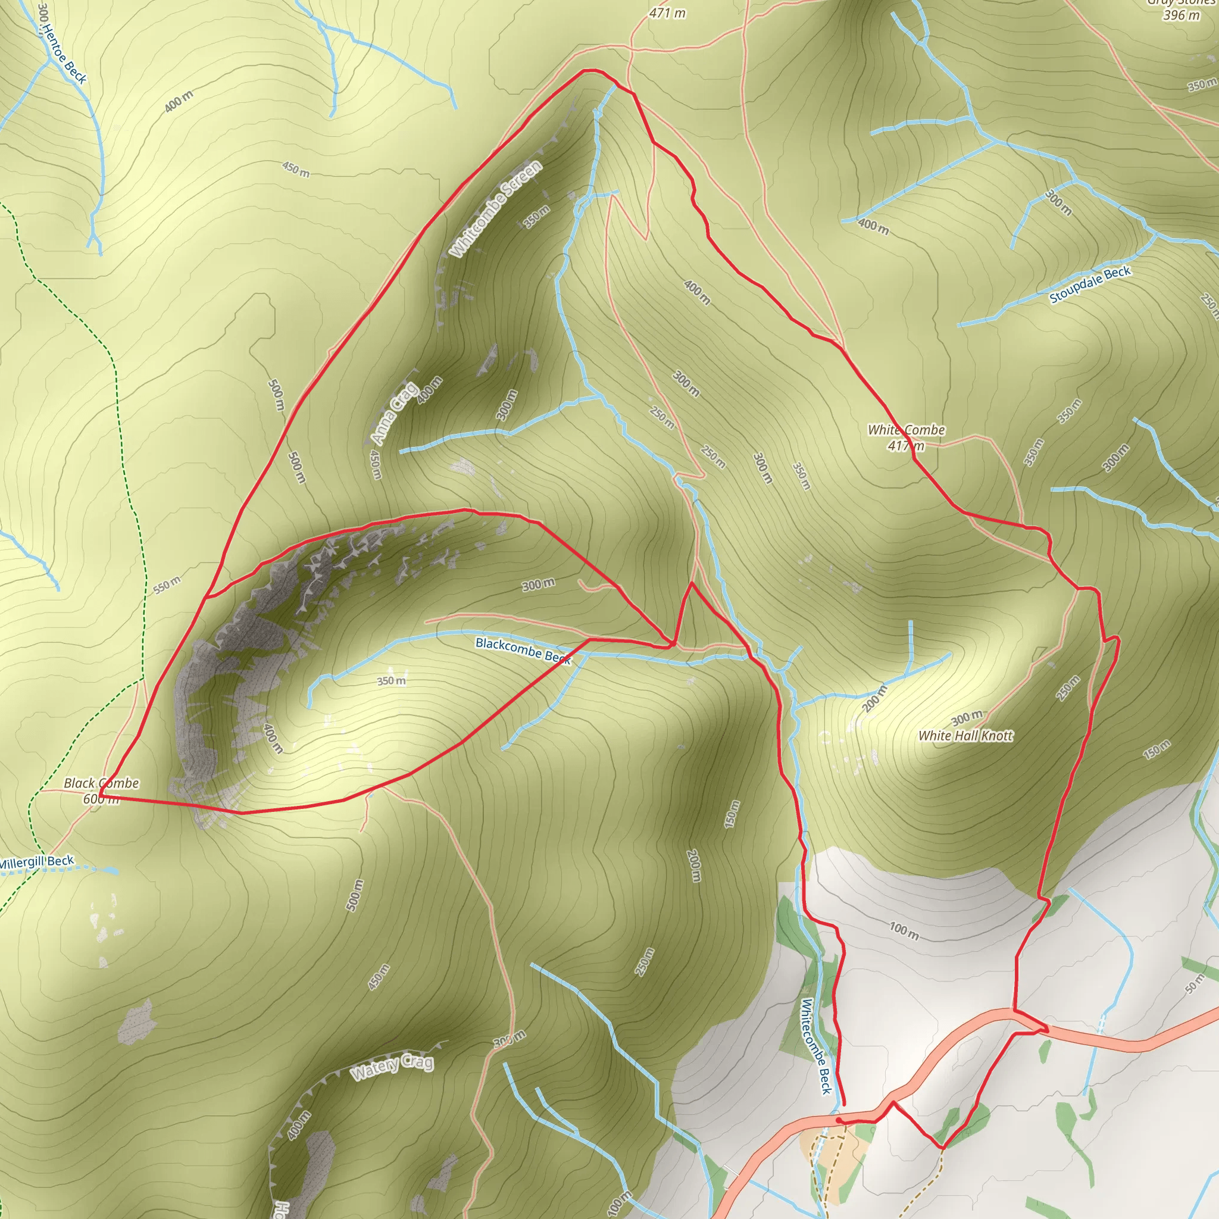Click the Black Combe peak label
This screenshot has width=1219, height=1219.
tap(101, 783)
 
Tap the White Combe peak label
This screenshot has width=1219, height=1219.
tap(906, 430)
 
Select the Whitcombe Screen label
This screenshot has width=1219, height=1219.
tap(496, 208)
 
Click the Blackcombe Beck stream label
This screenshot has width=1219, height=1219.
tap(523, 651)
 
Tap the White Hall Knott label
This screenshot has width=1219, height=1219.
tap(965, 735)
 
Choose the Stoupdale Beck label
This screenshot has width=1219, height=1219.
tap(1090, 285)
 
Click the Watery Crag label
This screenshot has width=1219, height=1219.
tap(392, 1066)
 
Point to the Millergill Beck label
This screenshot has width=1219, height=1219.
tap(36, 862)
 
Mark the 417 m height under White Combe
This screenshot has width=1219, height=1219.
tap(906, 446)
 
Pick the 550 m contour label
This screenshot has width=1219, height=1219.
tap(167, 585)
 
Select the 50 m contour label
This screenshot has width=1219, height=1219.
tap(1195, 984)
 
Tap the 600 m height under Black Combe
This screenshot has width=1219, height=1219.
tap(101, 799)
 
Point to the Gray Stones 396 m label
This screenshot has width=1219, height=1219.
tap(1181, 10)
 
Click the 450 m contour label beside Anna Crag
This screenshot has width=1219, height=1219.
tap(376, 464)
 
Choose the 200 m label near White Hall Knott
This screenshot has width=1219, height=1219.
tap(874, 698)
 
